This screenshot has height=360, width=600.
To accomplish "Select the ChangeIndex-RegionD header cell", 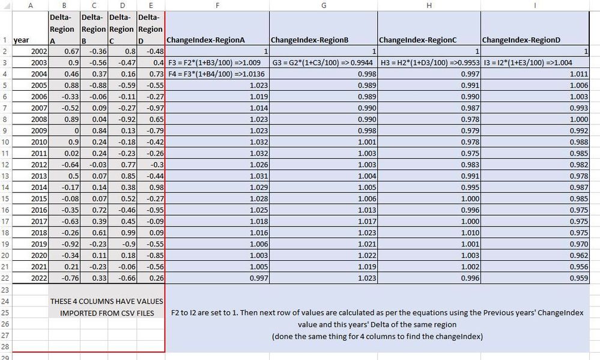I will click(x=521, y=40).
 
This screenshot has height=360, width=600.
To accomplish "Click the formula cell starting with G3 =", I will click(x=323, y=62).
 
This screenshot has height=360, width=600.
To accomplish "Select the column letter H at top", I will click(x=429, y=5).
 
